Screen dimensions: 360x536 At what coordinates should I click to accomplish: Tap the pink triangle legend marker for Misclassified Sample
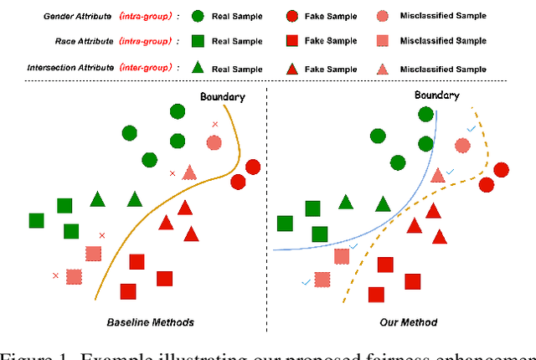coord(382,68)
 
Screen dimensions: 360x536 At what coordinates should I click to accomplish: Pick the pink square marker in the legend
coord(382,41)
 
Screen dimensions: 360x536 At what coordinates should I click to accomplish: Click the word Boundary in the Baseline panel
coord(222,97)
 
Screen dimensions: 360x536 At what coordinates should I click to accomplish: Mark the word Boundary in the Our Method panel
coord(436,95)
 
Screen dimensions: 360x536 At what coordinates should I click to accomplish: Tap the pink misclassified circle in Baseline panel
coord(214,142)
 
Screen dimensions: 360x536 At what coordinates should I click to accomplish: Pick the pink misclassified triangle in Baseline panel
coord(189,172)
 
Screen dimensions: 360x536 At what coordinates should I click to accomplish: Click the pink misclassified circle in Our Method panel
coord(462,145)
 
